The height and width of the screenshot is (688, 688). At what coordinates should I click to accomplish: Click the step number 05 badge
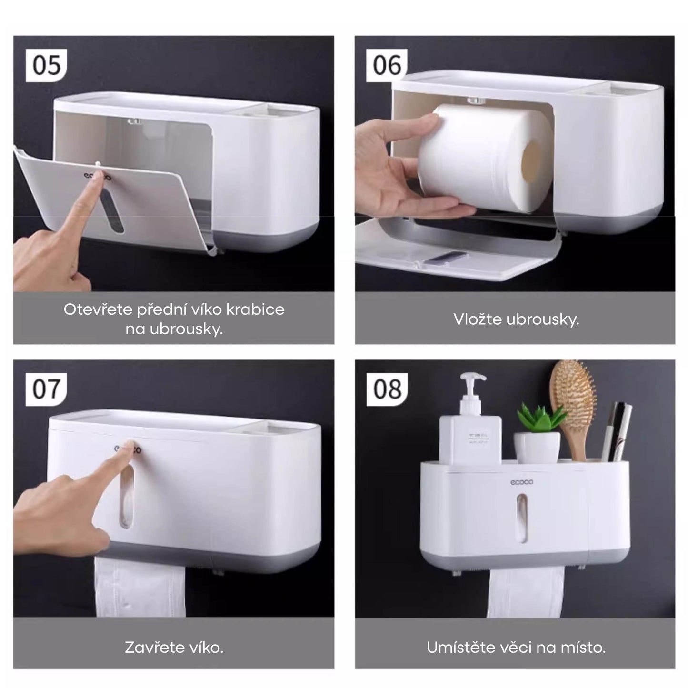click(x=46, y=65)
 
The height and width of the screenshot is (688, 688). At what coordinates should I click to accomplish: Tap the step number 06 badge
click(x=387, y=65)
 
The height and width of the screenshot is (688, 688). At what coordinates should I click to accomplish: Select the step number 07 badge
click(x=46, y=389)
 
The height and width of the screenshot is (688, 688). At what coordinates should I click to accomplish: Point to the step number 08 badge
click(x=387, y=389)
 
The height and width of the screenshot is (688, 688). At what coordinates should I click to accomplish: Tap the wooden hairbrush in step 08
click(x=573, y=407)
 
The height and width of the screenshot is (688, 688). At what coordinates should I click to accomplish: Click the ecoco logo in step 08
click(x=522, y=482)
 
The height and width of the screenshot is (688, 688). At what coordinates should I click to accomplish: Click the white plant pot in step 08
click(x=537, y=448)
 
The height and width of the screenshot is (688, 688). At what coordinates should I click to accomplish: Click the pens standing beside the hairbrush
click(x=616, y=431)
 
